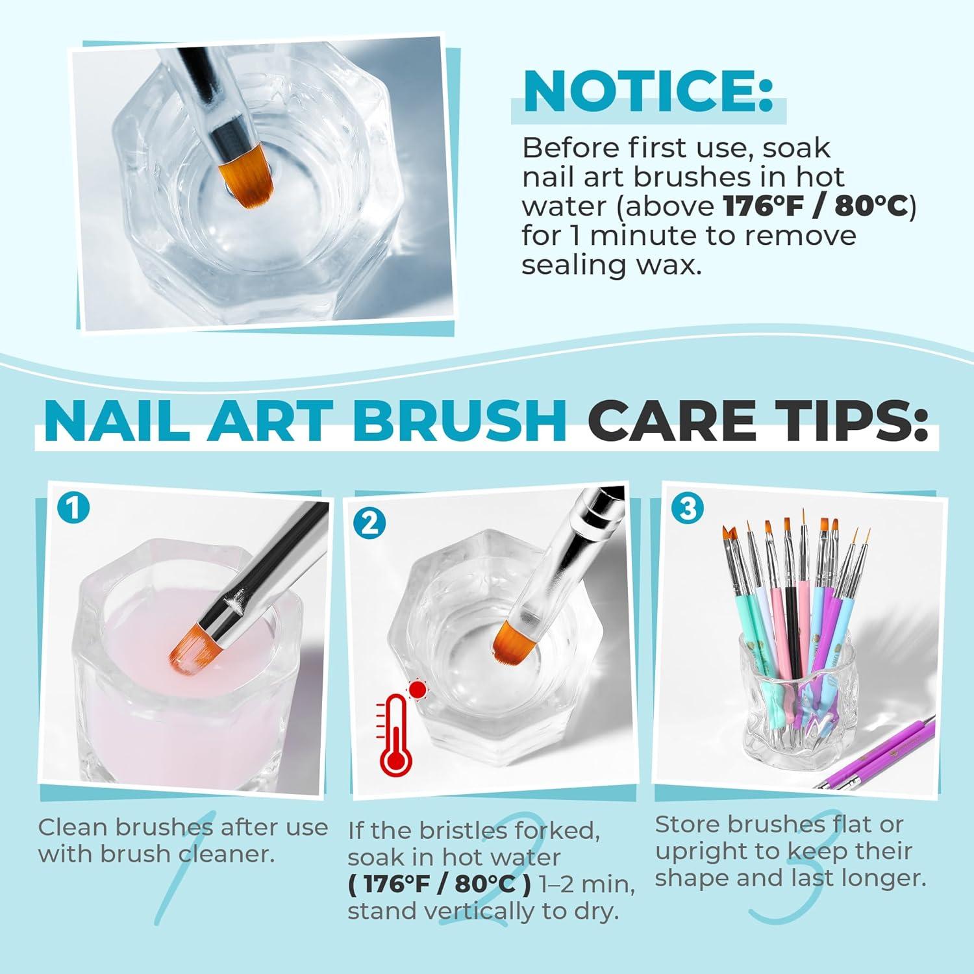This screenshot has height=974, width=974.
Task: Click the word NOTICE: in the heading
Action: point(649,93)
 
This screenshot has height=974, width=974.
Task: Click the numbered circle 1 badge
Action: point(73,508)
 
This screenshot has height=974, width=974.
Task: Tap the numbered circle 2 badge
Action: point(369,523)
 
